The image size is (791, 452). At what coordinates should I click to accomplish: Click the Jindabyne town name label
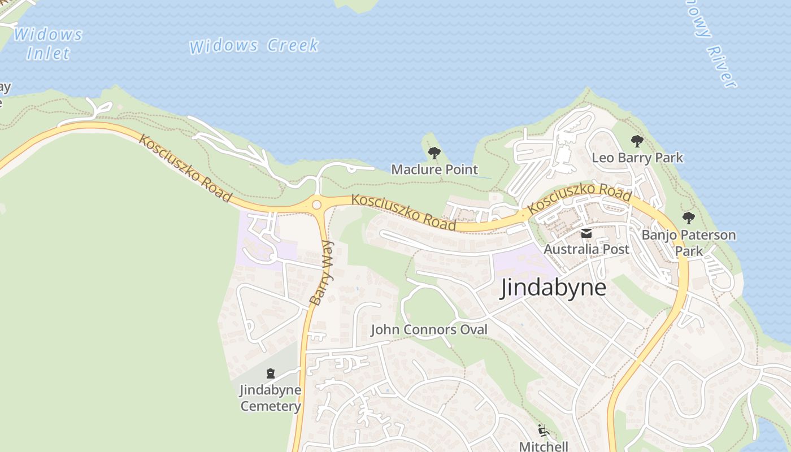click(x=554, y=288)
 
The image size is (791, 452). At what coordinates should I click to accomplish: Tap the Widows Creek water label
click(x=254, y=46)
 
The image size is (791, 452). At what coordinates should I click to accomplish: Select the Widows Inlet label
click(x=49, y=44)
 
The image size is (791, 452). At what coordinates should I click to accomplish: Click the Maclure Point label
click(x=434, y=169)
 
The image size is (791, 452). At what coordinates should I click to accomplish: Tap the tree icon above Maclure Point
click(x=434, y=153)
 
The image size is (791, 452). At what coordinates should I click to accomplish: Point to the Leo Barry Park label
click(x=637, y=158)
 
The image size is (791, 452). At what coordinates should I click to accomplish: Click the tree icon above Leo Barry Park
click(x=637, y=141)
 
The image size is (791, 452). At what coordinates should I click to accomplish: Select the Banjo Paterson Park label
click(x=689, y=242)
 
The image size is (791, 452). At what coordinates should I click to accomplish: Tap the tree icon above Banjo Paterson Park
click(x=688, y=218)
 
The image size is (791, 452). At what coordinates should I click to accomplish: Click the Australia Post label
click(x=586, y=249)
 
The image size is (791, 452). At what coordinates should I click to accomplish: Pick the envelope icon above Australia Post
click(x=586, y=233)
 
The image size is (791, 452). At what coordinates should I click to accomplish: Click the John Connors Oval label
click(x=429, y=330)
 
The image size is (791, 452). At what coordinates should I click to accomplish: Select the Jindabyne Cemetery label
click(x=271, y=398)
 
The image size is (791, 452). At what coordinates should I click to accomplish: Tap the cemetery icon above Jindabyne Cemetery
click(x=271, y=373)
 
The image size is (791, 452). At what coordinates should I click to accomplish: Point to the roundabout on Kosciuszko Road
click(x=316, y=205)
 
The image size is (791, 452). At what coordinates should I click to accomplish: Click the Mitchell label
click(x=544, y=446)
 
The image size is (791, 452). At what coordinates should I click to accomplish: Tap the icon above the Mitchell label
click(x=544, y=431)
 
